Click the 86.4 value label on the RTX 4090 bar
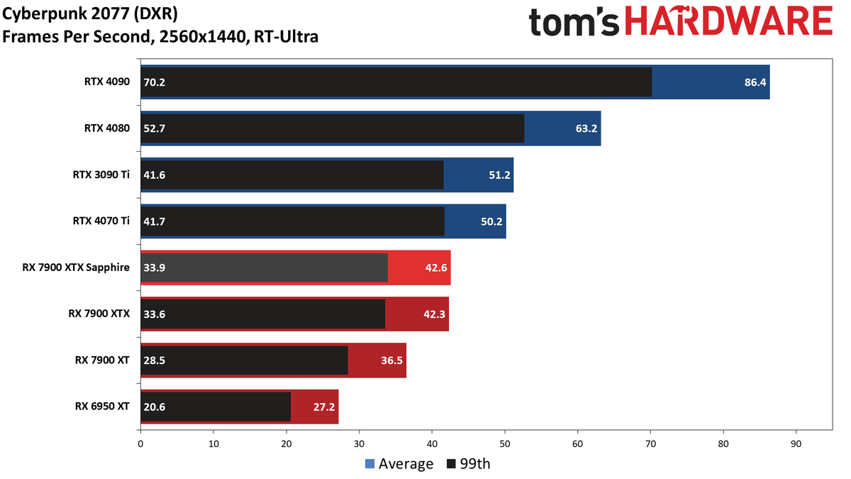tap(755, 82)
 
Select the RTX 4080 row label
tap(107, 128)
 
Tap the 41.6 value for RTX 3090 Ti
tap(155, 175)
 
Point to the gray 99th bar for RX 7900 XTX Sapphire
tap(264, 268)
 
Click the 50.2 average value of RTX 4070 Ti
tap(491, 221)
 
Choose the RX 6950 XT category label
tap(102, 407)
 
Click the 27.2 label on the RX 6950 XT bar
tap(323, 407)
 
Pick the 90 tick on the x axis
tap(796, 444)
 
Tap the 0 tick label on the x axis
tap(140, 444)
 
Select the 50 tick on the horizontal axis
tap(504, 444)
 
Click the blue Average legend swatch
tap(369, 464)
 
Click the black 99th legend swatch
tap(451, 464)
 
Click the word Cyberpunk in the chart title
tap(45, 14)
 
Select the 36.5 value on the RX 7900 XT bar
tap(391, 360)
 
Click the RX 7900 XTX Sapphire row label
tap(76, 268)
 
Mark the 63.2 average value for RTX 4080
tap(586, 128)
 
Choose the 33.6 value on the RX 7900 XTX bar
tap(155, 314)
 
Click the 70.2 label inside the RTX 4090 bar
tap(155, 82)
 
